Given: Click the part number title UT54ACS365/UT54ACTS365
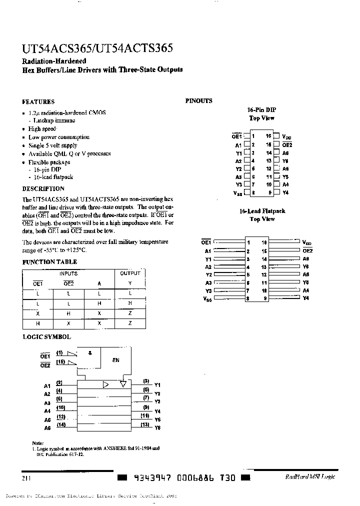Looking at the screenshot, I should (x=97, y=48).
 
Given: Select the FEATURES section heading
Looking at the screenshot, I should (x=38, y=101).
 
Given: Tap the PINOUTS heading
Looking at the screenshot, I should (x=199, y=101).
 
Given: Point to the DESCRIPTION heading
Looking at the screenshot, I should (x=43, y=189).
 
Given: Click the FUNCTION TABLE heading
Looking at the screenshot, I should (x=50, y=262).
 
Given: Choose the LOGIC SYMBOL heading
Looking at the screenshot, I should (x=46, y=337).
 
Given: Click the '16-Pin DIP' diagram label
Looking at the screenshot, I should (x=261, y=109).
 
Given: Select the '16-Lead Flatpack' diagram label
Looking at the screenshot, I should (x=262, y=211).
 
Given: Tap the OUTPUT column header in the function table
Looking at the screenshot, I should (x=130, y=273).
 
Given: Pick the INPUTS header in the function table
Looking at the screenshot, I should (x=68, y=273).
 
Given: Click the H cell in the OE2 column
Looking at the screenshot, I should (x=68, y=313).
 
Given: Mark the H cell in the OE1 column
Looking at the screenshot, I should (x=37, y=323).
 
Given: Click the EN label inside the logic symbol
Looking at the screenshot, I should (x=115, y=360).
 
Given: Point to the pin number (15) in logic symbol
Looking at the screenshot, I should (x=60, y=361).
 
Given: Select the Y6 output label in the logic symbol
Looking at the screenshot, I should (x=157, y=428).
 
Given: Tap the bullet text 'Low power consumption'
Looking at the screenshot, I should (x=59, y=137).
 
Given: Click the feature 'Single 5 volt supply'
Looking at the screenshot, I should (x=53, y=145).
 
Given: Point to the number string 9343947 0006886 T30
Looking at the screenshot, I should (x=181, y=478).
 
